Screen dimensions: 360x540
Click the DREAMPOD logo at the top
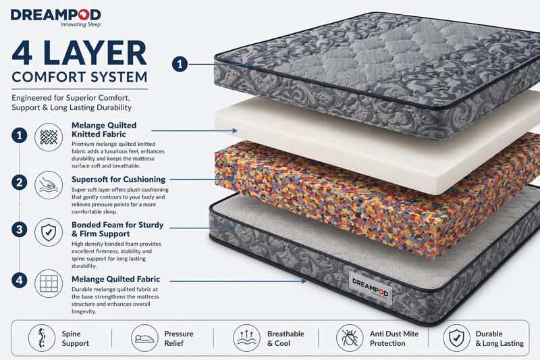point(56,14)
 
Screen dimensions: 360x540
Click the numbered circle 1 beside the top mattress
point(180,64)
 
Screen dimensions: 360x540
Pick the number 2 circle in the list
point(20,182)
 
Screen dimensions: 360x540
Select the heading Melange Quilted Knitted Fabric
point(104,130)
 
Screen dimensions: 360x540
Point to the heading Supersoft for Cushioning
point(118,179)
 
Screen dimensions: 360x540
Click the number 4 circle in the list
point(20,280)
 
